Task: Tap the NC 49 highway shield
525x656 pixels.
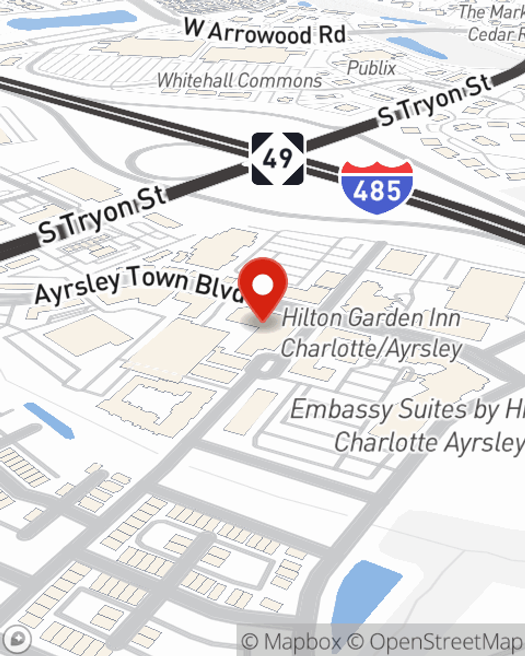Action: point(277,158)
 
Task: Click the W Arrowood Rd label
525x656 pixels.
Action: point(265,33)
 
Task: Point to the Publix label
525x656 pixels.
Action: point(371,68)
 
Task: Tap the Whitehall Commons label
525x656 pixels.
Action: point(239,80)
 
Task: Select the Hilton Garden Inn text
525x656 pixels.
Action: point(371,318)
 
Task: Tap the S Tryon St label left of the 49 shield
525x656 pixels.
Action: point(102,216)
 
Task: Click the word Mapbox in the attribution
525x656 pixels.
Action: point(301,641)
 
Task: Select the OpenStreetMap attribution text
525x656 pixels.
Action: point(446,641)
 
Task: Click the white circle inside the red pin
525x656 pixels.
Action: point(263,285)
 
